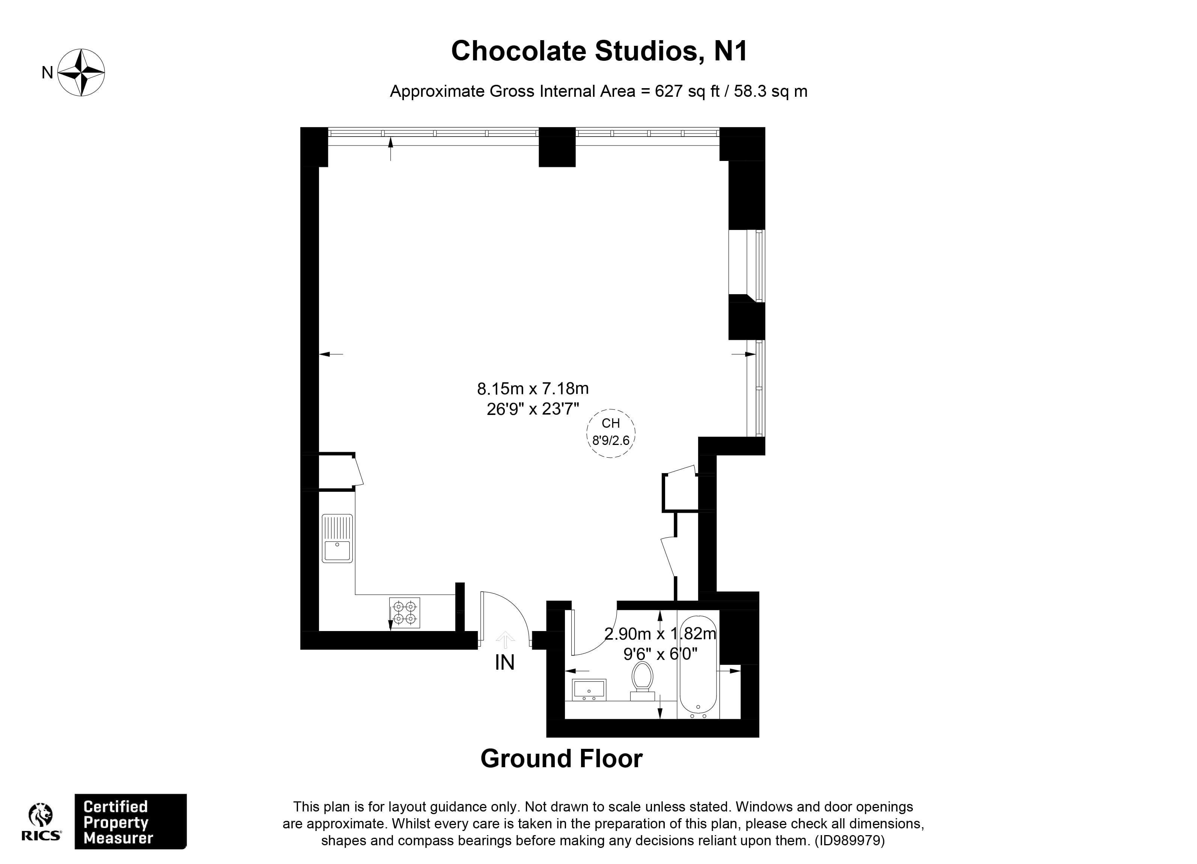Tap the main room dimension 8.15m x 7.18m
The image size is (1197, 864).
point(533,389)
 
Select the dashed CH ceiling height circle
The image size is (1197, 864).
point(611,433)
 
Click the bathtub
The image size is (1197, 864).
point(698,666)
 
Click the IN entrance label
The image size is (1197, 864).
point(504,663)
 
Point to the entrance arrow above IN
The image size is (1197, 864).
point(505,639)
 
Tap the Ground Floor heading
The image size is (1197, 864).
point(561,759)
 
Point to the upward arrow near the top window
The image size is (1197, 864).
point(391,149)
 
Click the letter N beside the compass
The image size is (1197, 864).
point(48,73)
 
